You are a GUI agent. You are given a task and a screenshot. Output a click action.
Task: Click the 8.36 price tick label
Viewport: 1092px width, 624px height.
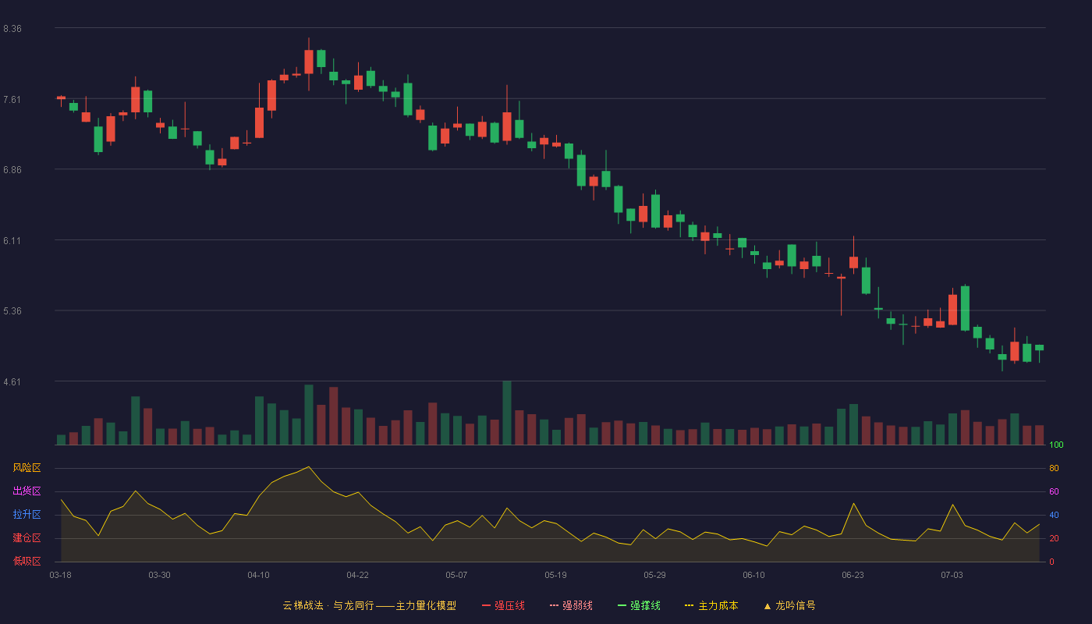tap(12, 29)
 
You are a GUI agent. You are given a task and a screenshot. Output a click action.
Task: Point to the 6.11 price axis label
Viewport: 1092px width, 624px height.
tap(12, 241)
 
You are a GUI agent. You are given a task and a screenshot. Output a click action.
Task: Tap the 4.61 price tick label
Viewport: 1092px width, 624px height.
tap(12, 382)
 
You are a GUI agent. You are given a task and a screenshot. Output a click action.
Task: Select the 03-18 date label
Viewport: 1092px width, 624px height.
tap(61, 576)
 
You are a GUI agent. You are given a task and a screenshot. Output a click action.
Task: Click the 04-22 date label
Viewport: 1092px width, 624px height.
tap(357, 576)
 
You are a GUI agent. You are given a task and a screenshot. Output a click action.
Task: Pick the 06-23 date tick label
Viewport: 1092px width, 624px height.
tap(853, 576)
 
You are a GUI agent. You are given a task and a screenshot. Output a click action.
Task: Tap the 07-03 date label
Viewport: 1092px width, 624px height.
tap(952, 576)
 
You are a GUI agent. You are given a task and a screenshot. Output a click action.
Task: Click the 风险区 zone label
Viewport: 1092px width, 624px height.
tap(27, 468)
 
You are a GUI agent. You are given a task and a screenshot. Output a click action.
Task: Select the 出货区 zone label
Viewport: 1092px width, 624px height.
tap(27, 491)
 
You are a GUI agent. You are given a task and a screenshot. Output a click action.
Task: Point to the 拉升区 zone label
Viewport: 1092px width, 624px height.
tap(27, 514)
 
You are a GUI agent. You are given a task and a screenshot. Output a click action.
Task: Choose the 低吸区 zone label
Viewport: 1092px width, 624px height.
tap(27, 561)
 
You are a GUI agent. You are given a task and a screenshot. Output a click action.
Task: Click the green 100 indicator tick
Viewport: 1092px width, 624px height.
tap(1056, 445)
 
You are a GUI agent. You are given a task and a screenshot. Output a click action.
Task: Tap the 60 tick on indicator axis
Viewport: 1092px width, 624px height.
tap(1054, 491)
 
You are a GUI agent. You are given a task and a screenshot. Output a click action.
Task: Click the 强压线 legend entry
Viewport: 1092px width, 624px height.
tap(503, 605)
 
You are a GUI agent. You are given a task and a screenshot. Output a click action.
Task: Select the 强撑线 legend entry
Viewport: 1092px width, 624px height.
tap(639, 605)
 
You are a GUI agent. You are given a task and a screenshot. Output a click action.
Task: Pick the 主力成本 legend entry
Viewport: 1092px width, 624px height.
tap(711, 605)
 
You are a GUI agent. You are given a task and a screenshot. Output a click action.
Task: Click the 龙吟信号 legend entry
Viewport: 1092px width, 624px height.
tap(789, 605)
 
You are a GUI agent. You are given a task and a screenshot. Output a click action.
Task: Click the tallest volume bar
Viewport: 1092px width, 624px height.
tap(507, 413)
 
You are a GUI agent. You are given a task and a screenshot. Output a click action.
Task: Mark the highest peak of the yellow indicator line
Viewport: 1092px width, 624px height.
tap(309, 466)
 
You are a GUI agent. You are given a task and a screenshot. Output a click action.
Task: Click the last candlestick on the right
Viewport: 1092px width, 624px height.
tap(1039, 348)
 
